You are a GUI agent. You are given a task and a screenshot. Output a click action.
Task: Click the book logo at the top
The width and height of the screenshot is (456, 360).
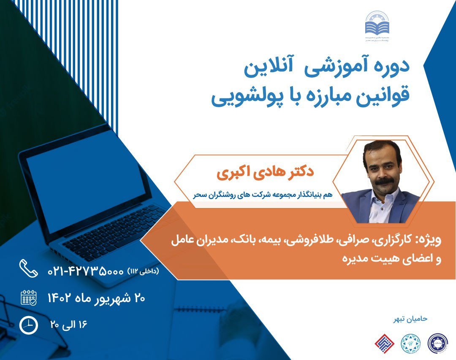377,27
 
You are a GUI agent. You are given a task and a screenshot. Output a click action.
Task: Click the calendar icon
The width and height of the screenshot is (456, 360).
29,298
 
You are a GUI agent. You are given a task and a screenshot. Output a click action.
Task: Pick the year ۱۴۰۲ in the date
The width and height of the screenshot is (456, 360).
62,298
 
